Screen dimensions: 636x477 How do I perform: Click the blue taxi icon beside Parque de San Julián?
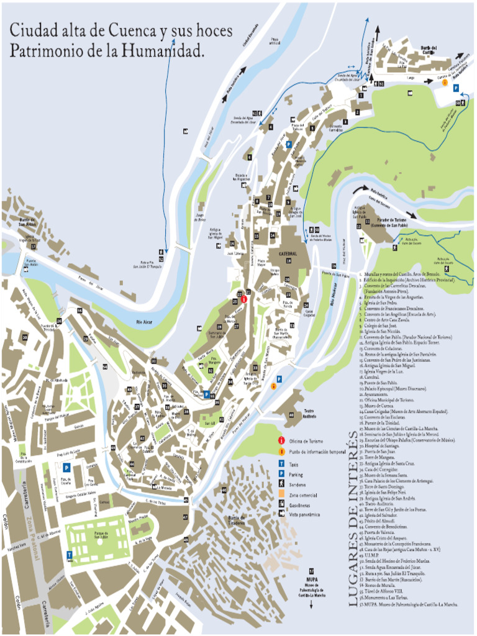[x=69, y=554]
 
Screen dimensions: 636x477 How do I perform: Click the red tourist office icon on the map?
[x=244, y=299]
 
